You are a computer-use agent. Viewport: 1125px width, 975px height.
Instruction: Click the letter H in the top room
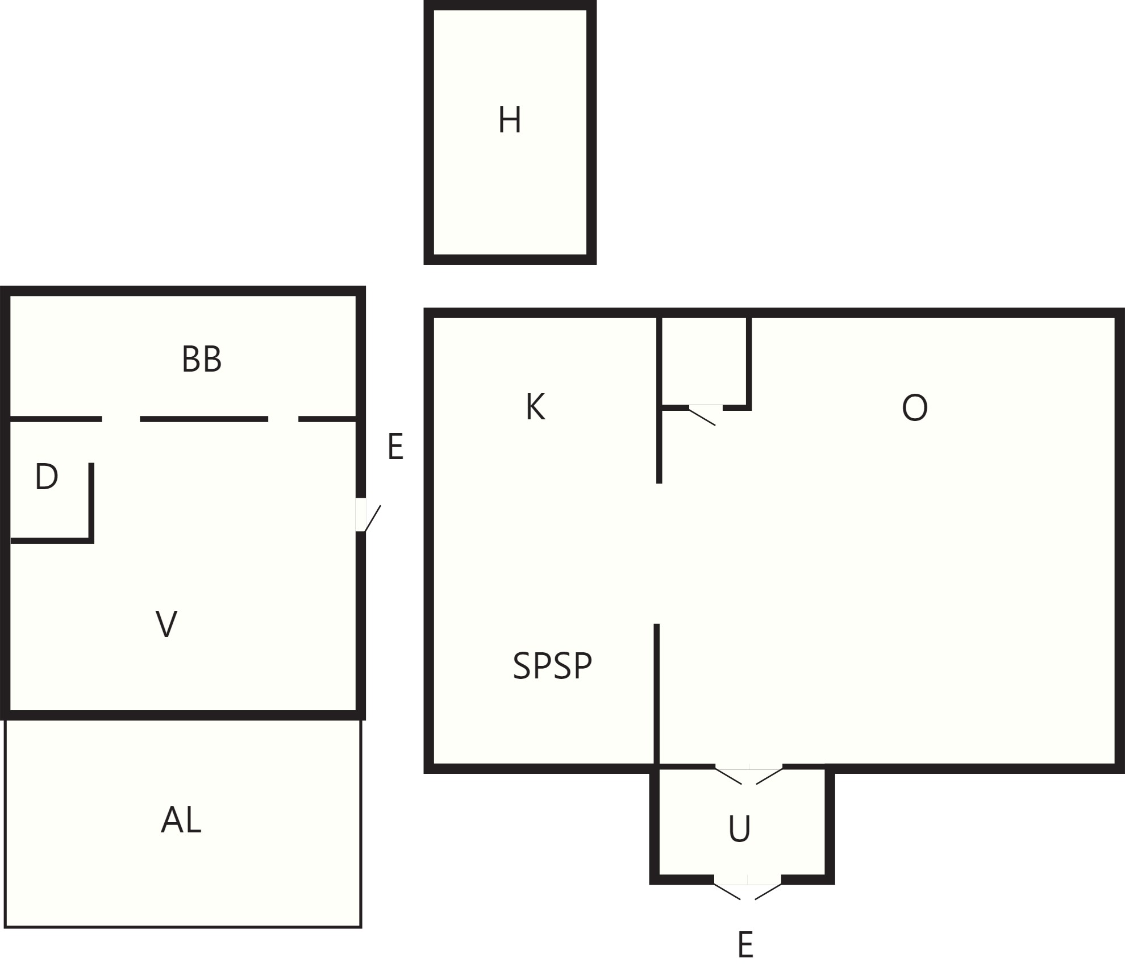(509, 120)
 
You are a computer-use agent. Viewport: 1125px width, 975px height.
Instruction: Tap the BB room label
(202, 359)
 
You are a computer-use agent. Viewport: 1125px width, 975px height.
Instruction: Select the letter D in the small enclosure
(46, 476)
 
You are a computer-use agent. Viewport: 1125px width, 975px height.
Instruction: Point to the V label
(166, 624)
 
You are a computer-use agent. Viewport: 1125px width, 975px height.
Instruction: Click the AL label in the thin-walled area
(181, 820)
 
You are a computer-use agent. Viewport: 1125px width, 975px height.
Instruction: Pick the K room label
(535, 407)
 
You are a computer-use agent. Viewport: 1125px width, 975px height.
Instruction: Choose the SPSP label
(552, 665)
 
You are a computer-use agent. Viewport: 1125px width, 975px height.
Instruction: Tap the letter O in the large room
(915, 407)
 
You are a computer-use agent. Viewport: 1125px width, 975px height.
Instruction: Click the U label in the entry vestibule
(739, 829)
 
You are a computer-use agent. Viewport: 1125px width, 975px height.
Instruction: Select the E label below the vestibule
(745, 945)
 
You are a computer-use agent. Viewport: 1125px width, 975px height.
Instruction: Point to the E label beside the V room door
(395, 447)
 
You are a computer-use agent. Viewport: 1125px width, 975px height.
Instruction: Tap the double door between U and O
(748, 776)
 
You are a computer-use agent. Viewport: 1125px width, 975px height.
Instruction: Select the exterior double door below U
(747, 891)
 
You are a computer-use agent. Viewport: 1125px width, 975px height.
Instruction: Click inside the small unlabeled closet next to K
(703, 361)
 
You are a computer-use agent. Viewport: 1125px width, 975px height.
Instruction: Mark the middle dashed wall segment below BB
(204, 419)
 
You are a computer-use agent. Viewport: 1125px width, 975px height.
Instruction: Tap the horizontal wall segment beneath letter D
(52, 540)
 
